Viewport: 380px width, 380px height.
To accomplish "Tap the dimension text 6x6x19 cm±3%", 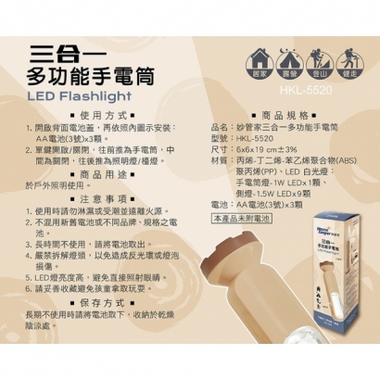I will pyautogui.click(x=259, y=148).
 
